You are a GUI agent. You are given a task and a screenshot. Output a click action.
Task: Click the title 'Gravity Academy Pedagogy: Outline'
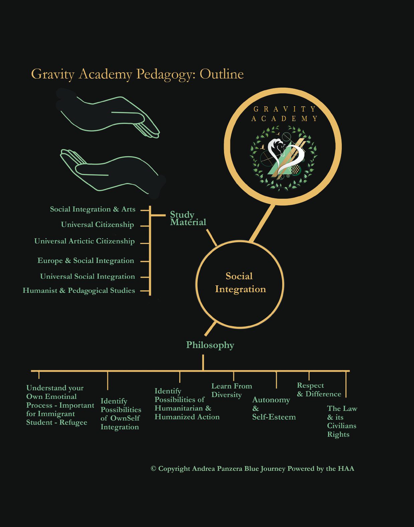pyautogui.click(x=137, y=74)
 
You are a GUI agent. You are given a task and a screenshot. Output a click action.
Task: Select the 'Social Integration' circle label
pyautogui.click(x=240, y=282)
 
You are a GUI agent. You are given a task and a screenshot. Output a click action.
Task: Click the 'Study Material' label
pyautogui.click(x=188, y=218)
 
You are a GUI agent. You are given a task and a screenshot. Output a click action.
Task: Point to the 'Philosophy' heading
pyautogui.click(x=210, y=345)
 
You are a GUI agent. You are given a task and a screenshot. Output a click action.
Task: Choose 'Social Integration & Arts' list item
pyautogui.click(x=93, y=209)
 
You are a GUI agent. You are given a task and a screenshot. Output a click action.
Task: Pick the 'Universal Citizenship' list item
pyautogui.click(x=97, y=225)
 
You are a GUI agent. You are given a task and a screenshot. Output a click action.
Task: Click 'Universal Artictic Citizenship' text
pyautogui.click(x=84, y=241)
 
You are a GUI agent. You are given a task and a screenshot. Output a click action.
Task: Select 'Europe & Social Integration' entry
pyautogui.click(x=86, y=260)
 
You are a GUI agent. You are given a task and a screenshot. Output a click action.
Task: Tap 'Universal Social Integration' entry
pyautogui.click(x=88, y=276)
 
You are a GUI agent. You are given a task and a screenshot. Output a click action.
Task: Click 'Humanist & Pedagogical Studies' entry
pyautogui.click(x=79, y=290)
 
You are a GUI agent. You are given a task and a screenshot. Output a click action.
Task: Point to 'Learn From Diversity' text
pyautogui.click(x=232, y=390)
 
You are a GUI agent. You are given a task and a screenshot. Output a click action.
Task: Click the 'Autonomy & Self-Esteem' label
pyautogui.click(x=274, y=409)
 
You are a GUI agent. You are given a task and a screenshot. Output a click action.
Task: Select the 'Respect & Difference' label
pyautogui.click(x=319, y=390)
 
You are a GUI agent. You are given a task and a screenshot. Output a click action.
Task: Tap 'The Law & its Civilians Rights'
pyautogui.click(x=342, y=422)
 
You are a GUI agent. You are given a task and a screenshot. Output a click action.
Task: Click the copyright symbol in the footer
pyautogui.click(x=153, y=468)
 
